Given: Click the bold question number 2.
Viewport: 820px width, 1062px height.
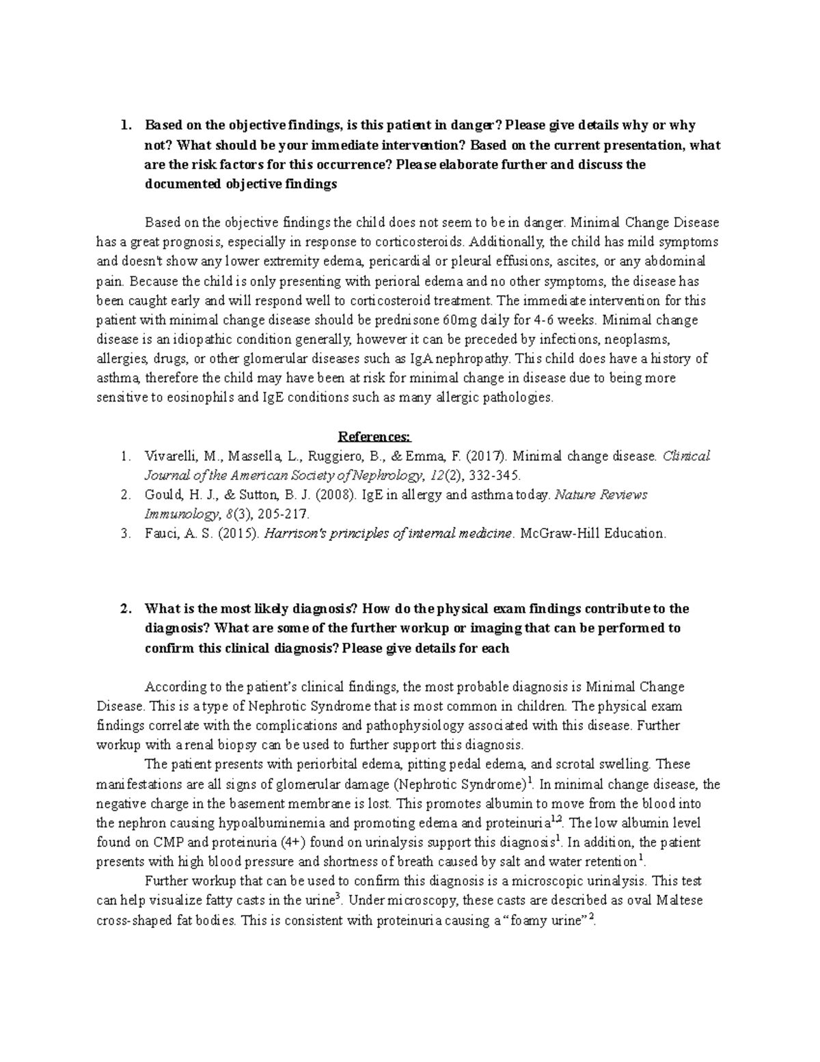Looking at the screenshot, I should tap(124, 609).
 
